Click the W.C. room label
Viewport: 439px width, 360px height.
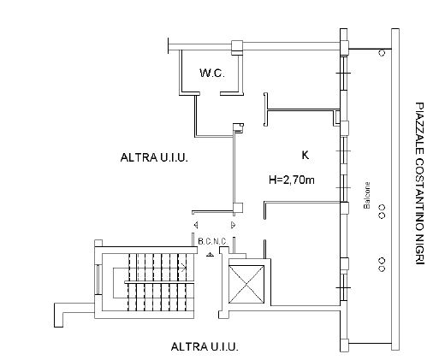pyautogui.click(x=212, y=74)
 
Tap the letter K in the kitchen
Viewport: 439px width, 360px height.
pyautogui.click(x=306, y=155)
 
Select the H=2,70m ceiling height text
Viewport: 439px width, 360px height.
pyautogui.click(x=292, y=180)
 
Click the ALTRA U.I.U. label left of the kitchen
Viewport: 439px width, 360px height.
pyautogui.click(x=154, y=157)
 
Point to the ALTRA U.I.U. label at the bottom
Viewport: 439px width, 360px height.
pyautogui.click(x=205, y=346)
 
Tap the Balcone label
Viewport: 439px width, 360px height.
pyautogui.click(x=367, y=195)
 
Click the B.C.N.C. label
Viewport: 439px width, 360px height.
pyautogui.click(x=212, y=242)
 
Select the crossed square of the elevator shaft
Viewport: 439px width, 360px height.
pyautogui.click(x=246, y=284)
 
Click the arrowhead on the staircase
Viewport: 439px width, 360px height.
pyautogui.click(x=183, y=268)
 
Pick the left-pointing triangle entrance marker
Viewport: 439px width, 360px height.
pyautogui.click(x=196, y=225)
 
